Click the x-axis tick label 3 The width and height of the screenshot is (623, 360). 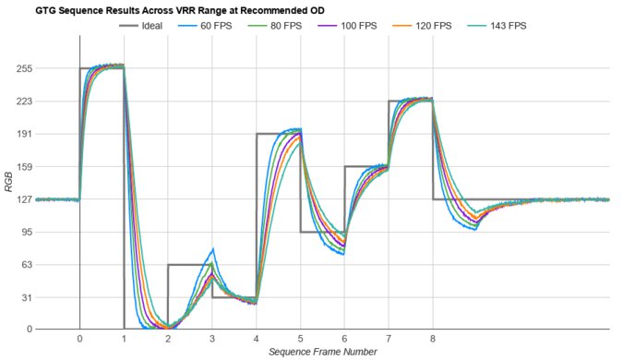(x=212, y=339)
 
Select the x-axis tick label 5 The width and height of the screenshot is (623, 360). (x=300, y=339)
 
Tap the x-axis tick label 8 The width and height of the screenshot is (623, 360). (x=433, y=339)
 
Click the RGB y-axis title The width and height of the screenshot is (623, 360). (x=8, y=198)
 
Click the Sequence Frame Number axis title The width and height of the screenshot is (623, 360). (x=322, y=352)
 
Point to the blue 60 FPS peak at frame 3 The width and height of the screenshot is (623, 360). (x=213, y=249)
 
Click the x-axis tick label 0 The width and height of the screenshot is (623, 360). (x=79, y=339)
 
